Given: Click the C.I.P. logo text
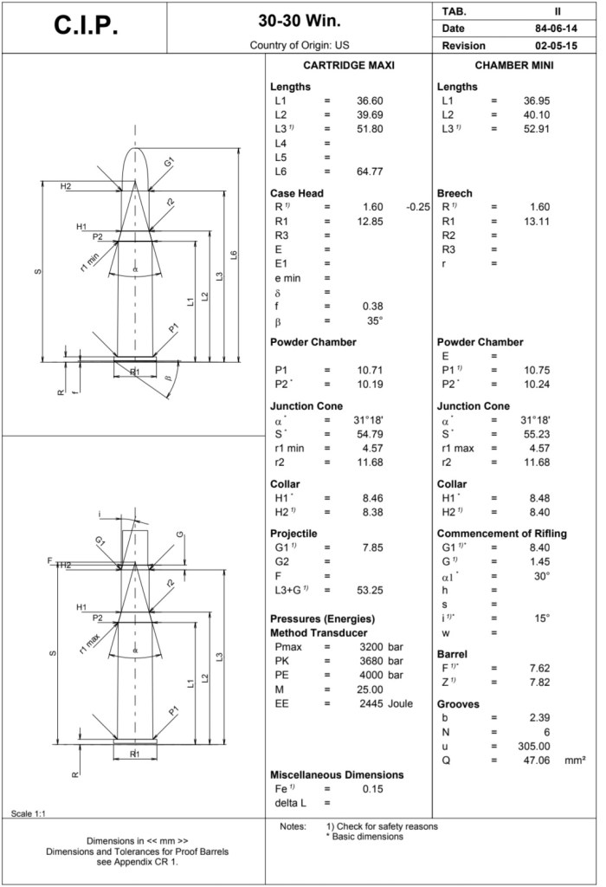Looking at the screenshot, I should [86, 26].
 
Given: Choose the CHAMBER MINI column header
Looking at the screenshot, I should [514, 66].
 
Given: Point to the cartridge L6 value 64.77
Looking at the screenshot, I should [370, 171].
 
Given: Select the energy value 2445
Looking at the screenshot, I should [371, 702].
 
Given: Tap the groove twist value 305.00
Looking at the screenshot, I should [534, 746].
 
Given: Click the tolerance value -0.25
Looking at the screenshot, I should [418, 207].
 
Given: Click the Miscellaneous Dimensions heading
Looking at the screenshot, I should [337, 774].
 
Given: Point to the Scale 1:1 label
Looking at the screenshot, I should [29, 813].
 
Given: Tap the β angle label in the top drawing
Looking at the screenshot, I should [169, 379].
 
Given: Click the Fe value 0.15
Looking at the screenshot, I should [371, 788].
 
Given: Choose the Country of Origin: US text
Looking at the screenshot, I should [299, 44].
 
